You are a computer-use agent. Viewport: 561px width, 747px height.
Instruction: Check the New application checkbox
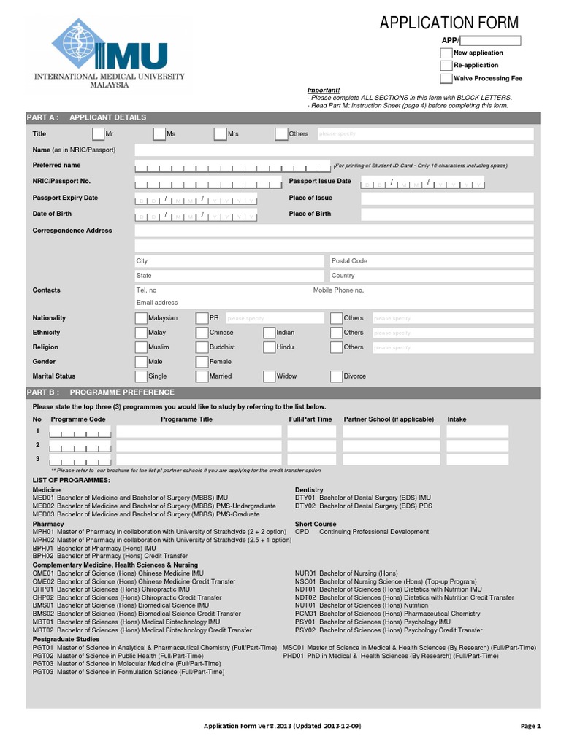click(446, 53)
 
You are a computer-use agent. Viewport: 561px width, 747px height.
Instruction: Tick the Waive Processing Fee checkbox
click(446, 79)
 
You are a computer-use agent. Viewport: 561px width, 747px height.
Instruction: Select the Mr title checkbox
click(99, 134)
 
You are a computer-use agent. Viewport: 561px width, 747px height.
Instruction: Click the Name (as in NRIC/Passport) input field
click(334, 150)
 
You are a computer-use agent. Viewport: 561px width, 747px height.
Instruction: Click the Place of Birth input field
click(447, 214)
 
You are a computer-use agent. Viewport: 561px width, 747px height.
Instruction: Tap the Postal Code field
click(431, 261)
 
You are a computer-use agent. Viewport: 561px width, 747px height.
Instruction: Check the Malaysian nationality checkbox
click(141, 318)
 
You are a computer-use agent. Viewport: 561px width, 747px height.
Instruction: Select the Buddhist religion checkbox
click(202, 347)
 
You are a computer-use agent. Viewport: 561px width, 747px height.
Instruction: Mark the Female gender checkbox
click(202, 362)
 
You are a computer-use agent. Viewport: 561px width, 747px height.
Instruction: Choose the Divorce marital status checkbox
click(337, 376)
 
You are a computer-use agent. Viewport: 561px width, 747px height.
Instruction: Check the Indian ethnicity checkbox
click(270, 333)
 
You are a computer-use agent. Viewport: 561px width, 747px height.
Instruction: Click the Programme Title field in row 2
click(199, 446)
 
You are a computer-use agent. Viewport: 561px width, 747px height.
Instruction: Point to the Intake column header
click(457, 419)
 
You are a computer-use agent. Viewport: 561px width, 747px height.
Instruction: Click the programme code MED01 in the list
click(43, 498)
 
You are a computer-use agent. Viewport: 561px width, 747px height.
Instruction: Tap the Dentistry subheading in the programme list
click(308, 490)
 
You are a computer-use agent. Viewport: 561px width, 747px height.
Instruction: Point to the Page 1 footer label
click(530, 727)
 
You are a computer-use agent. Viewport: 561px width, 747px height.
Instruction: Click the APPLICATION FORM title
click(449, 23)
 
